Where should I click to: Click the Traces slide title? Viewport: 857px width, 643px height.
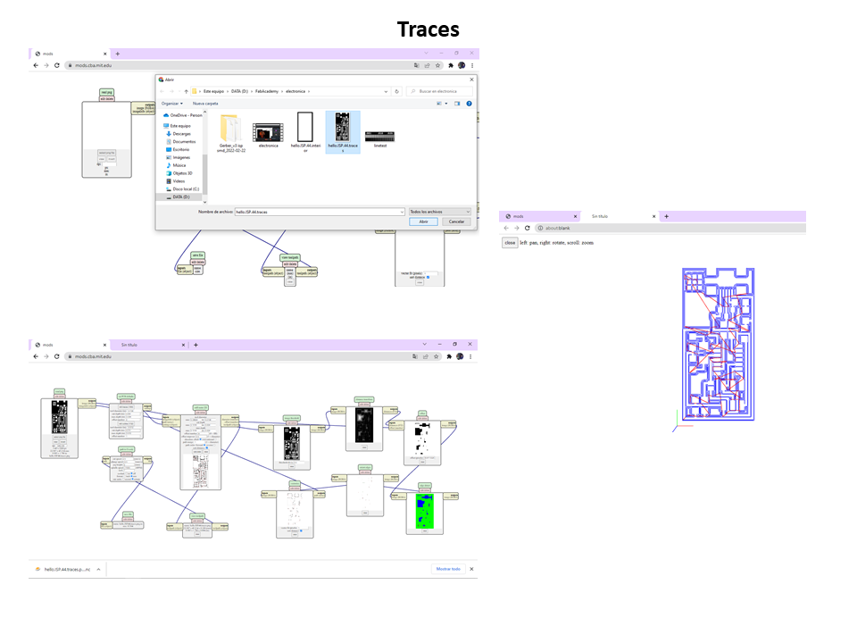click(x=428, y=29)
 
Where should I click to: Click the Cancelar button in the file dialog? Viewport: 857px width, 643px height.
click(x=455, y=221)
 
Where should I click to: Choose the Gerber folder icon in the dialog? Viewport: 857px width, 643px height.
click(x=229, y=127)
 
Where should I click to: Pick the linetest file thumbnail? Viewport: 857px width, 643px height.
click(x=380, y=132)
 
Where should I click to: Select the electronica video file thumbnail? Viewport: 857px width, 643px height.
click(x=267, y=132)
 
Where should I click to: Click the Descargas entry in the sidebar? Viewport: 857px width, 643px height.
click(x=183, y=134)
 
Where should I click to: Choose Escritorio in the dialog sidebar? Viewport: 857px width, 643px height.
click(x=182, y=149)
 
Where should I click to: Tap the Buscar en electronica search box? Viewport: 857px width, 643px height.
click(x=439, y=91)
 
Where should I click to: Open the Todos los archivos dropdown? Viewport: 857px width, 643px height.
click(x=440, y=212)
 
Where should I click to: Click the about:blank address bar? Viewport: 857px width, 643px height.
click(x=670, y=228)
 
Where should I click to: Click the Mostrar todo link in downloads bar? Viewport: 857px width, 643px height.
click(x=447, y=568)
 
